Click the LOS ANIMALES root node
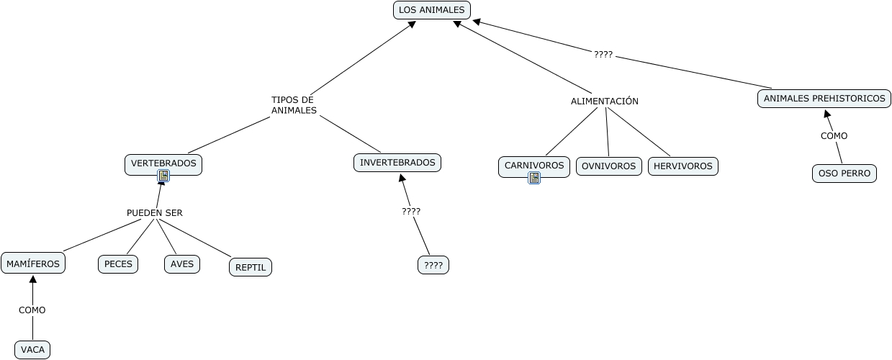pyautogui.click(x=431, y=10)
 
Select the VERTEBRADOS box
pyautogui.click(x=163, y=163)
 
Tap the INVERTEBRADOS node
pyautogui.click(x=397, y=163)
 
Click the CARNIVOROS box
pyautogui.click(x=534, y=166)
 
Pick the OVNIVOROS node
pyautogui.click(x=609, y=166)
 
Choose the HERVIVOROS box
pyautogui.click(x=683, y=166)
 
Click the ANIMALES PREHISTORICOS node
pyautogui.click(x=824, y=99)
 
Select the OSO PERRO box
pyautogui.click(x=844, y=174)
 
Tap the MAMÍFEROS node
pyautogui.click(x=33, y=264)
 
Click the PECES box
pyautogui.click(x=118, y=264)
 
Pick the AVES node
pyautogui.click(x=182, y=264)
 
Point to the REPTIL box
pyautogui.click(x=251, y=267)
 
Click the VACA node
pyautogui.click(x=32, y=350)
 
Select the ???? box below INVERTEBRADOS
pyautogui.click(x=433, y=265)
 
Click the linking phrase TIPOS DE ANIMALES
pyautogui.click(x=294, y=105)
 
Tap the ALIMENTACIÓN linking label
pyautogui.click(x=605, y=102)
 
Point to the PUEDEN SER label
pyautogui.click(x=155, y=213)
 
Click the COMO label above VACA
pyautogui.click(x=32, y=310)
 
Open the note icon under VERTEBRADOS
pyautogui.click(x=163, y=176)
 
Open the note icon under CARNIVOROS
pyautogui.click(x=534, y=178)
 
